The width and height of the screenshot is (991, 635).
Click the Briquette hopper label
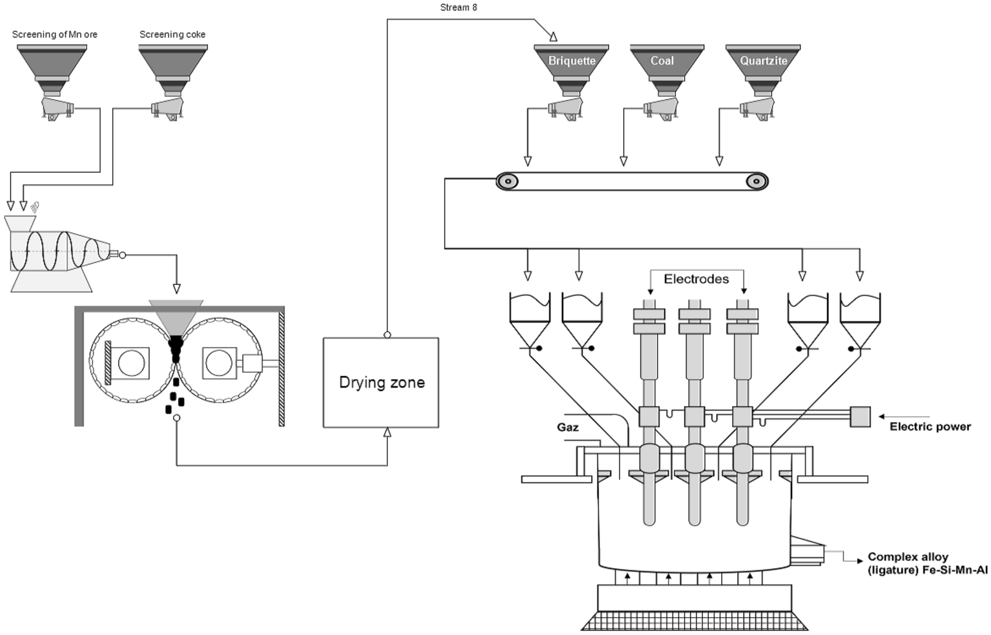(x=571, y=61)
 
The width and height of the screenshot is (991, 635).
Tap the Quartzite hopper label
(x=763, y=61)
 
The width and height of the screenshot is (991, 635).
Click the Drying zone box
(x=381, y=383)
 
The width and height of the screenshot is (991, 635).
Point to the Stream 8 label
(x=458, y=8)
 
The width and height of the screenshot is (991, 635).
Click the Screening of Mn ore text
(x=54, y=35)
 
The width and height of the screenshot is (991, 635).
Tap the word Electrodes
(x=696, y=279)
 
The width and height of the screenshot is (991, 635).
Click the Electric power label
(x=930, y=427)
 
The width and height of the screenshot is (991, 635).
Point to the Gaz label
(x=567, y=427)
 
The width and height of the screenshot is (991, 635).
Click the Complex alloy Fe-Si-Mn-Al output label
(x=927, y=563)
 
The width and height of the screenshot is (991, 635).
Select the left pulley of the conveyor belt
(x=507, y=181)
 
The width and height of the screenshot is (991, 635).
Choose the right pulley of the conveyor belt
(x=756, y=181)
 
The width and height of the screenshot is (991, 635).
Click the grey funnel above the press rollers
(x=176, y=316)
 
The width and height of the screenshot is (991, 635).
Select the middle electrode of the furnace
(x=694, y=414)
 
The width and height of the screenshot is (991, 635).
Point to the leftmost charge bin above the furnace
(x=529, y=316)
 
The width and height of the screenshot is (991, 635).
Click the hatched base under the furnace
(x=694, y=621)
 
